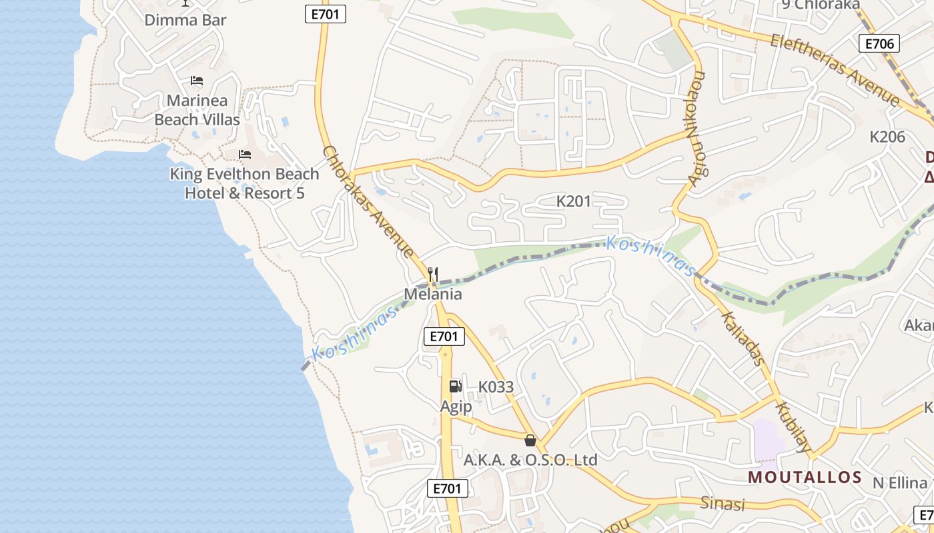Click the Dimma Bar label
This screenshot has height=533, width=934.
point(185,20)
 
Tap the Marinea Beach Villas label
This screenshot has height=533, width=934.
point(197,110)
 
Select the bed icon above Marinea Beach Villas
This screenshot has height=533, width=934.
point(197,81)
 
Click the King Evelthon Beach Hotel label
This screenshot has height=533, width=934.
point(245,183)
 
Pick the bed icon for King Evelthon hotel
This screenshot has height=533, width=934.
point(245,155)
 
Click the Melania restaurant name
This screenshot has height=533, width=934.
point(433,294)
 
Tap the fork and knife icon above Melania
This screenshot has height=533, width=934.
point(433,274)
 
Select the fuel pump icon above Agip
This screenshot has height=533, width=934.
point(455,386)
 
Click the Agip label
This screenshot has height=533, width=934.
point(456,406)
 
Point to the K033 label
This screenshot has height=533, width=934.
point(496,387)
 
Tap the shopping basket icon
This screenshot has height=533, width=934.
point(530,440)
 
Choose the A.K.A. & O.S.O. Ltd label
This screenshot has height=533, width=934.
point(530,460)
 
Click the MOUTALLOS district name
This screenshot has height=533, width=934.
point(805,477)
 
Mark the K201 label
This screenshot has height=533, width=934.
point(574,201)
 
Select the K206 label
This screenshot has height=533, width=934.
point(887,137)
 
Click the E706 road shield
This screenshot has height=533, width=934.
point(879,44)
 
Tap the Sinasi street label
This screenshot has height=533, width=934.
point(722,504)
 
